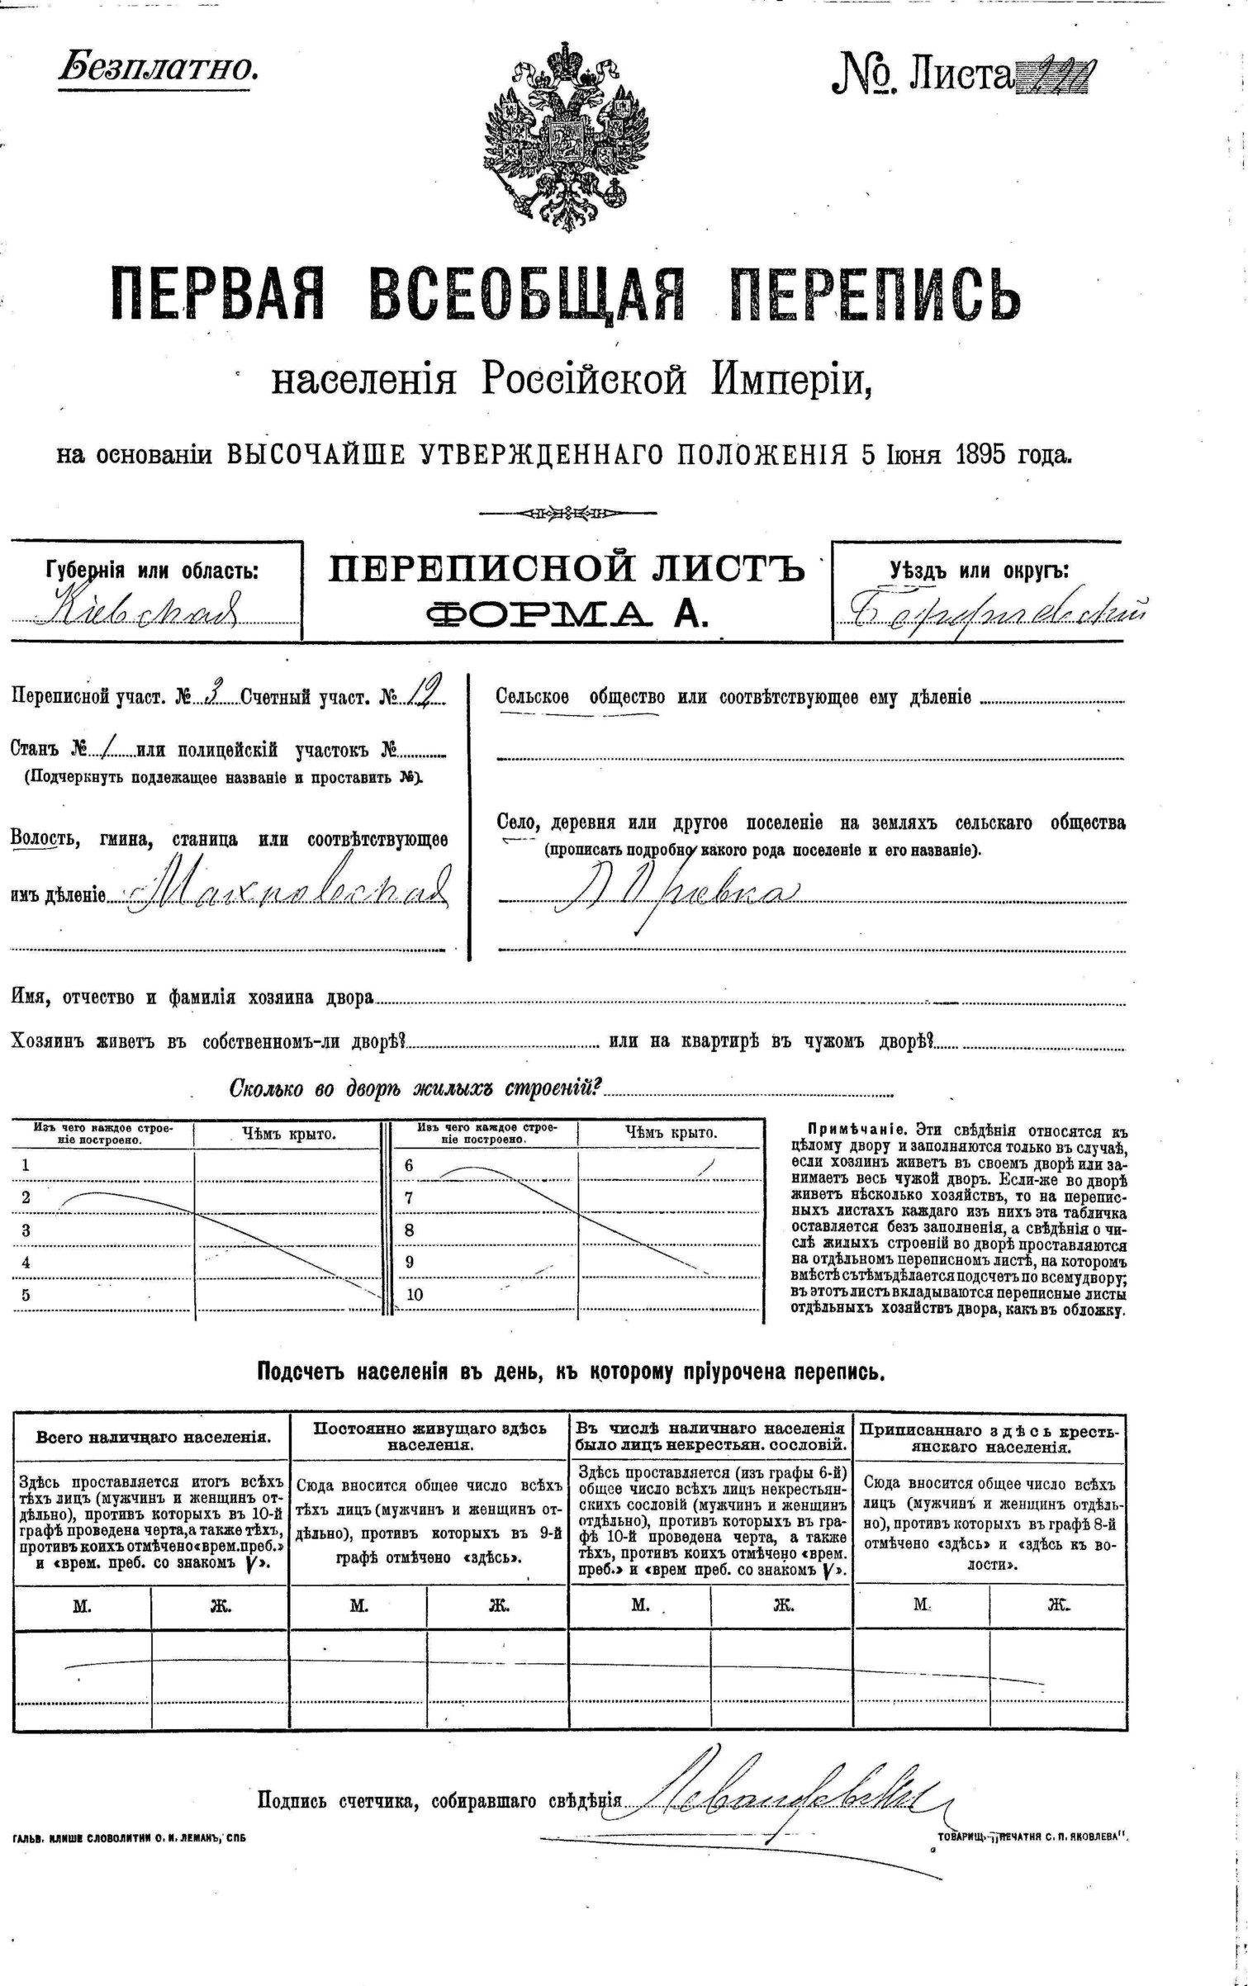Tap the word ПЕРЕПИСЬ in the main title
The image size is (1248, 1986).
tap(876, 294)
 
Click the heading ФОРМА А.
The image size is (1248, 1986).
tap(567, 614)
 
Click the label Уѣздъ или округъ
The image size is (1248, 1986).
tap(979, 571)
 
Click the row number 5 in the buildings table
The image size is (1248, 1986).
tap(26, 1295)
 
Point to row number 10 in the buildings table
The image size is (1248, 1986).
tap(414, 1295)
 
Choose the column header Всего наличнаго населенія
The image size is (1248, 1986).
tap(153, 1436)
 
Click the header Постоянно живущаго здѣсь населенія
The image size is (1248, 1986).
tap(429, 1436)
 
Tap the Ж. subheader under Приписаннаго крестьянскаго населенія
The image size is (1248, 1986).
tap(1058, 1604)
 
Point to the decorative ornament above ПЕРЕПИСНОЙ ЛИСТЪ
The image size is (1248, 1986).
tap(568, 513)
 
